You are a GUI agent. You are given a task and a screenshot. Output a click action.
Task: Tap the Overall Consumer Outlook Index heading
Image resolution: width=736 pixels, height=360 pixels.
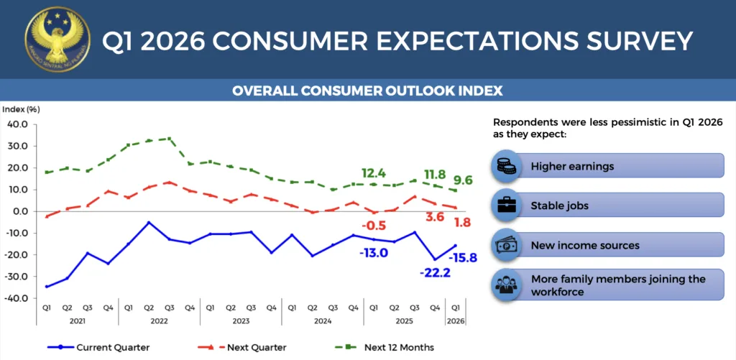pos(367,91)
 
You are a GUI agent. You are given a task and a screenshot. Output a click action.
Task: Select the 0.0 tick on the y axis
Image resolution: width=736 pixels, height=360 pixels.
pos(19,211)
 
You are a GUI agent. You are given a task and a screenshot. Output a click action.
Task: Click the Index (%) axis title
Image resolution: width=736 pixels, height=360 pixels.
pos(22,109)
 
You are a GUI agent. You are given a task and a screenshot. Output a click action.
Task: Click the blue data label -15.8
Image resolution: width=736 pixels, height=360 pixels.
pos(461,258)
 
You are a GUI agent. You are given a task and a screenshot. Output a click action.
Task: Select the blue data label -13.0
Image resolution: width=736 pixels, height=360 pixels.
pos(374,252)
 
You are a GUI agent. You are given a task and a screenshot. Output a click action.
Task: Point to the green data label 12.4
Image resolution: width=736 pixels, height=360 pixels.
pos(374,173)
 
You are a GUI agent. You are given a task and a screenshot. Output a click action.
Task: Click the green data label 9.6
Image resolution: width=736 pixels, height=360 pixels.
pos(463,181)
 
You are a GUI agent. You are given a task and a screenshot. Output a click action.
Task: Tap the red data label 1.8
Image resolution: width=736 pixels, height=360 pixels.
pos(463,223)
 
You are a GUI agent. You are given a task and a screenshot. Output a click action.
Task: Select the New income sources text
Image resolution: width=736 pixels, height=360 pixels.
pos(585,246)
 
